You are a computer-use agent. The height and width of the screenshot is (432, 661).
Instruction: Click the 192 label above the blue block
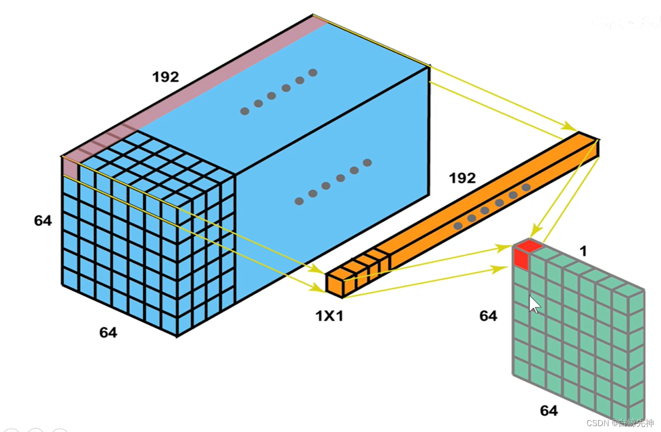[165, 77]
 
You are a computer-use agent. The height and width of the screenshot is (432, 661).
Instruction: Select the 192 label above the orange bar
[462, 178]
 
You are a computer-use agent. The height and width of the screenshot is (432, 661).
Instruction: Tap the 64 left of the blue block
[43, 221]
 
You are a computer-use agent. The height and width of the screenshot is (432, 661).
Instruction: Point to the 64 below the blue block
[108, 333]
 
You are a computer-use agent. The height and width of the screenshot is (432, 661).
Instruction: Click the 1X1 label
[330, 316]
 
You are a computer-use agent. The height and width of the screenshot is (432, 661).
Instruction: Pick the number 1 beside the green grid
[583, 252]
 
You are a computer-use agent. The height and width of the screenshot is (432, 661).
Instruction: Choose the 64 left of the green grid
[488, 316]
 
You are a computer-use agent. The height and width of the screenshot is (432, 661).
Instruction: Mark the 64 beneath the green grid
[549, 410]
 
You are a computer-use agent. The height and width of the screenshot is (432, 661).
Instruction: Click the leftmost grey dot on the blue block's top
[245, 111]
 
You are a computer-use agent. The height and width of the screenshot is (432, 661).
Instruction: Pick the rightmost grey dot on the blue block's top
[313, 73]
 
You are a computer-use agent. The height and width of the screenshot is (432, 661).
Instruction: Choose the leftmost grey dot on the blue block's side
[299, 201]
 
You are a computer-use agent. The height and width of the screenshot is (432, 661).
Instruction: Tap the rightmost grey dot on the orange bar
[526, 187]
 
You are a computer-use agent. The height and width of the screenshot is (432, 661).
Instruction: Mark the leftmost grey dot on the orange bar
[458, 226]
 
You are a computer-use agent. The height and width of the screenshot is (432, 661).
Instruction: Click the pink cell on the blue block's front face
[71, 168]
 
